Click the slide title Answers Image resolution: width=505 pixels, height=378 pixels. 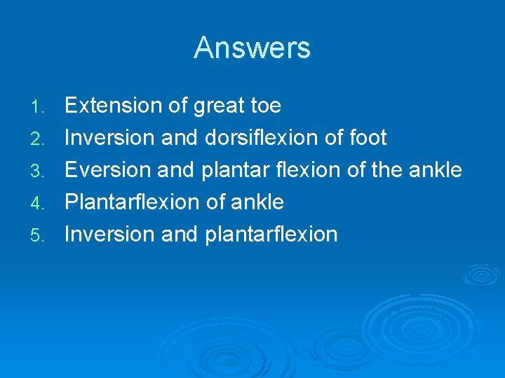point(252,48)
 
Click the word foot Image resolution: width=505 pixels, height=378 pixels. point(368,138)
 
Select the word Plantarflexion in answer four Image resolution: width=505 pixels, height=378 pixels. point(133,202)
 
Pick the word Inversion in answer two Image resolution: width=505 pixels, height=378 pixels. point(110,138)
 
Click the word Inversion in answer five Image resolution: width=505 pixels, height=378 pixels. point(110,234)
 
